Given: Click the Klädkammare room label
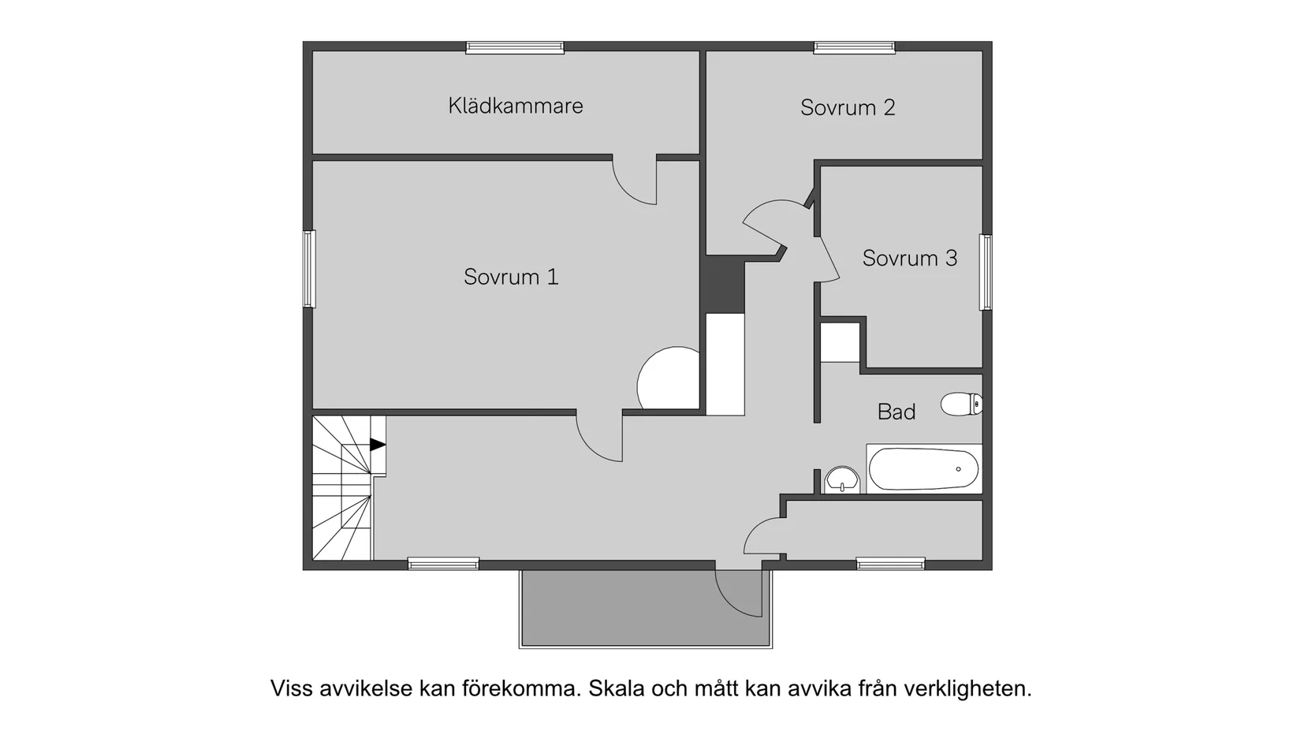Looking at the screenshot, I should click(x=516, y=106).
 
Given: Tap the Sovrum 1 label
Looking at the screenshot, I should click(x=511, y=277).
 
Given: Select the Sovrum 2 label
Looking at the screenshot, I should click(x=848, y=108).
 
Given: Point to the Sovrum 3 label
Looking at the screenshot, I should click(x=909, y=258).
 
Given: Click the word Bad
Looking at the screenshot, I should click(x=897, y=412).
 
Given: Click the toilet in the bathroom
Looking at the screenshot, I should click(x=960, y=405).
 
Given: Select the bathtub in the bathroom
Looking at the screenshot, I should click(x=924, y=469).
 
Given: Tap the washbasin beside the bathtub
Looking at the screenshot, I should click(x=842, y=479).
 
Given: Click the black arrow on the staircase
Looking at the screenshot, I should click(x=378, y=445).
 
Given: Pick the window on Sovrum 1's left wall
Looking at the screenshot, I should click(x=310, y=268).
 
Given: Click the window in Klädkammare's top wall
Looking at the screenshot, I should click(x=515, y=48).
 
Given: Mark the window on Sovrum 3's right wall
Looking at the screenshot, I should click(x=986, y=272).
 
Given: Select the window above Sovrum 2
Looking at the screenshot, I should click(x=854, y=48).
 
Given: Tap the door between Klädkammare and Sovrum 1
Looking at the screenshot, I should click(x=636, y=181).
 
